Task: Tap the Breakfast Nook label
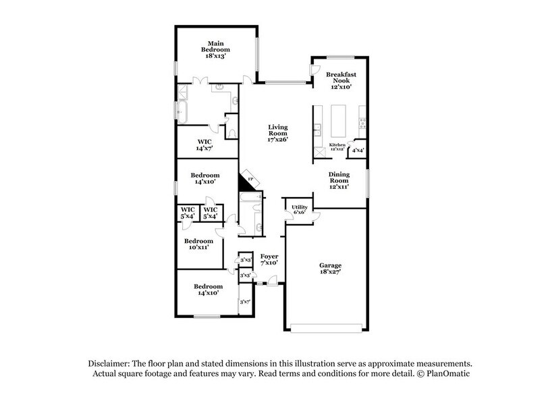[340, 80]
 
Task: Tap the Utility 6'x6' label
[300, 210]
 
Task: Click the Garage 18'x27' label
[330, 270]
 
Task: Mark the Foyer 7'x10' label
[269, 259]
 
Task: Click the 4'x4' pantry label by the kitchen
[358, 151]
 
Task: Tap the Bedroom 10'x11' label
[199, 244]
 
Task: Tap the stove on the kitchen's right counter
[363, 123]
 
